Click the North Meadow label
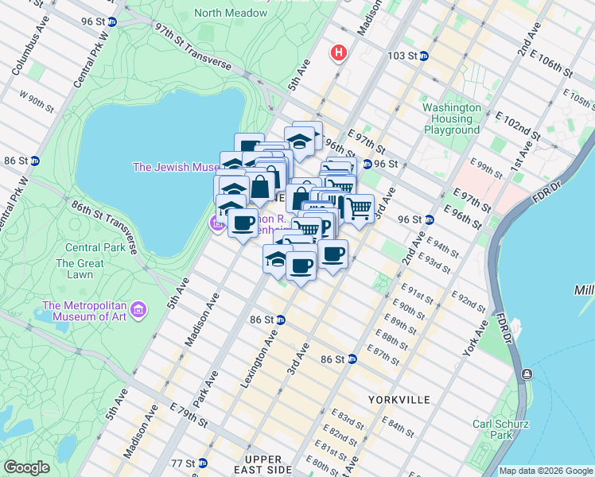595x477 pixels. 230,14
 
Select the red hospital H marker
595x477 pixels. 339,54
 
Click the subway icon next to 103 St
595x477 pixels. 424,56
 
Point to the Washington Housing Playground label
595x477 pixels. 452,118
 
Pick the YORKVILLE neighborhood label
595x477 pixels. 399,399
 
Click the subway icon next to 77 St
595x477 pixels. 203,463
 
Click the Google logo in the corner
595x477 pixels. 26,467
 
